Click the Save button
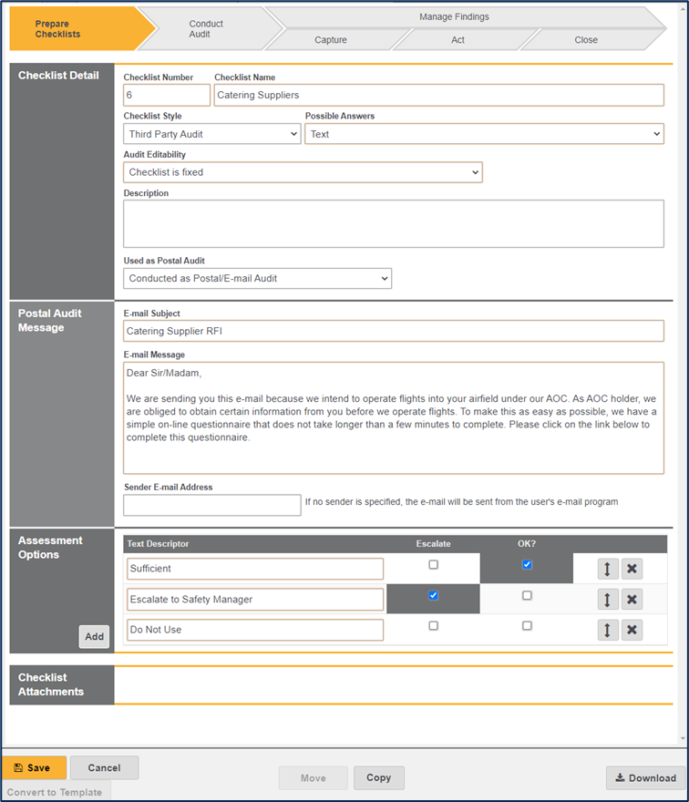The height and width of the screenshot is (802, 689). [x=34, y=767]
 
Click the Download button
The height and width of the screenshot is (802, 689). [x=645, y=777]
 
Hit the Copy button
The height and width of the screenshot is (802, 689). [x=378, y=777]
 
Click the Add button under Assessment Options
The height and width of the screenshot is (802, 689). [x=94, y=637]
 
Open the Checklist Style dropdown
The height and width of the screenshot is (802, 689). [x=211, y=134]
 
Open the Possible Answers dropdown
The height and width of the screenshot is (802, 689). [x=484, y=134]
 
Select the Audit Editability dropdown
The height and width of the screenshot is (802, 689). [x=303, y=172]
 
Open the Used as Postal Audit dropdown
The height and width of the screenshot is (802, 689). [x=257, y=278]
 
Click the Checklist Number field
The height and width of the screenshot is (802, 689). [x=167, y=95]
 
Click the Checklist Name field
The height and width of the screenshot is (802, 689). [x=438, y=95]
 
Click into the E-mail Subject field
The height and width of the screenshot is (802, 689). [x=393, y=331]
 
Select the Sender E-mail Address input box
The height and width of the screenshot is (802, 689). [x=211, y=505]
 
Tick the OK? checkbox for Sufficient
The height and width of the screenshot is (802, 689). [x=527, y=565]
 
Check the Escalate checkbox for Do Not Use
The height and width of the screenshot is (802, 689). [x=433, y=626]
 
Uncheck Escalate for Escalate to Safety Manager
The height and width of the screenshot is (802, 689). [x=433, y=595]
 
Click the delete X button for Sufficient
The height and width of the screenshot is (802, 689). [x=632, y=569]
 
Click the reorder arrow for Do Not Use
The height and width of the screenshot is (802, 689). [x=608, y=630]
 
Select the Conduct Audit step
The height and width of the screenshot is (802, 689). [x=206, y=29]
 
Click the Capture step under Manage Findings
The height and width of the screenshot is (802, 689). [x=330, y=40]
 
